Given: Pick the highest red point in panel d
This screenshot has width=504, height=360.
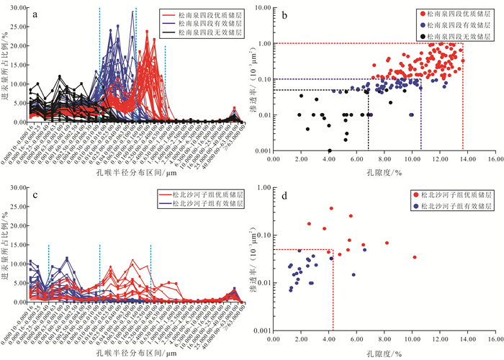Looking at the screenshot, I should click(331, 209).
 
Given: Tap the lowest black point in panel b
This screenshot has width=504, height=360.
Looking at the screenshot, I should click(329, 150).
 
